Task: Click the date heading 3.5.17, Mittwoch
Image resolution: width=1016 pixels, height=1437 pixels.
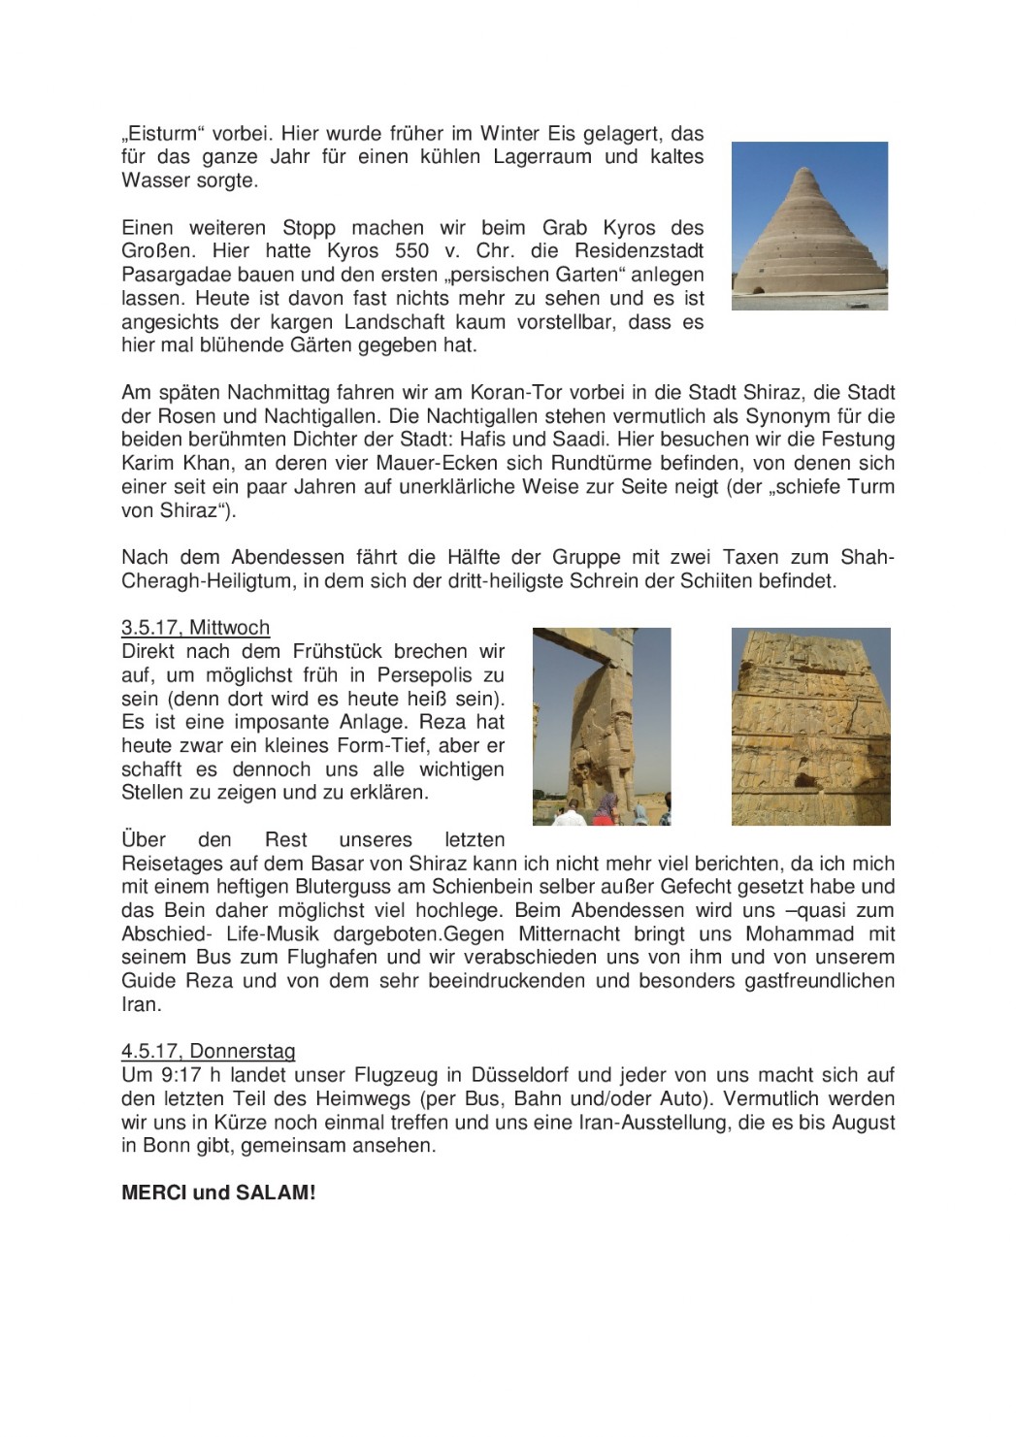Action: click(195, 628)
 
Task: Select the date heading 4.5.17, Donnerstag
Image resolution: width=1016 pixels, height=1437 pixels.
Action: click(208, 1051)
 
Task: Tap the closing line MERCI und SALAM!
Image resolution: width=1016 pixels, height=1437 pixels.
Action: click(218, 1192)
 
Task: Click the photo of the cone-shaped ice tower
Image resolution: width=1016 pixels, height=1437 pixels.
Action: click(809, 226)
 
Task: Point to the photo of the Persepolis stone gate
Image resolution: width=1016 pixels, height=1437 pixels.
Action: click(602, 727)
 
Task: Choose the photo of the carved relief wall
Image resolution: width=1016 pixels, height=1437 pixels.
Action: click(810, 727)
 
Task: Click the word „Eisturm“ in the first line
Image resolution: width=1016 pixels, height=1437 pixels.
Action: click(159, 133)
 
